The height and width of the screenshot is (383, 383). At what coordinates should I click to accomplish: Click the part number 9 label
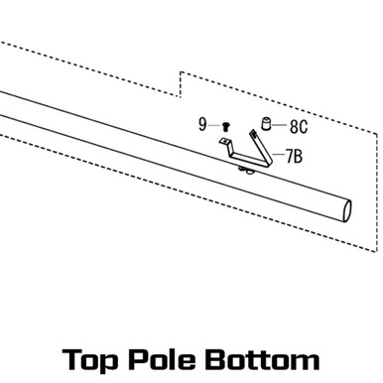coord(202,125)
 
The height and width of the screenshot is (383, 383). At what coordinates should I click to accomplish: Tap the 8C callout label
coord(299,126)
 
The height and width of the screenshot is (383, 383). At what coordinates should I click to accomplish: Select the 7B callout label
coord(295,156)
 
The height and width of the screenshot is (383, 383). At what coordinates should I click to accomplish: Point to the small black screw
coord(226,126)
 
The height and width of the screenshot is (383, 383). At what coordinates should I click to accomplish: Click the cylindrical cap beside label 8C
coord(266,124)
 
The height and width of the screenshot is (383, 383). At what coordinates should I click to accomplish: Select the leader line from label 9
coord(214,125)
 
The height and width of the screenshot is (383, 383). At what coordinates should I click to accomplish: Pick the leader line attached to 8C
coord(280,125)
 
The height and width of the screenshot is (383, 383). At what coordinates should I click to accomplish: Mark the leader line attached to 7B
coord(278,154)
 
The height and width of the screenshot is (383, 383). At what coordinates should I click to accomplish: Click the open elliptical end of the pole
coord(347,211)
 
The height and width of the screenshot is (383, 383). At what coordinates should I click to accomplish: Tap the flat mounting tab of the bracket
coord(225,142)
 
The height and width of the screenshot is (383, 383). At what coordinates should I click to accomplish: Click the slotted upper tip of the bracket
coord(253,134)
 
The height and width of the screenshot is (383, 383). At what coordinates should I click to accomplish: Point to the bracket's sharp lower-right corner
coord(270,165)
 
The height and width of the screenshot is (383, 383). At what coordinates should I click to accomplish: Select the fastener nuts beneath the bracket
coord(246,170)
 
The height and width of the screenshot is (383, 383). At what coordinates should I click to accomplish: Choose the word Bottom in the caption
coord(262,359)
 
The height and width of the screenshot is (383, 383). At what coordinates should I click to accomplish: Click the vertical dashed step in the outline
coord(181,84)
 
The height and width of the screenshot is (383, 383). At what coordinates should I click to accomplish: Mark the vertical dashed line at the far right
coord(377,192)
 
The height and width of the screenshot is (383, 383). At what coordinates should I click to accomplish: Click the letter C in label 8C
coord(304,126)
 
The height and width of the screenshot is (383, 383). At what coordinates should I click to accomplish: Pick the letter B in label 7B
coord(298,156)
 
